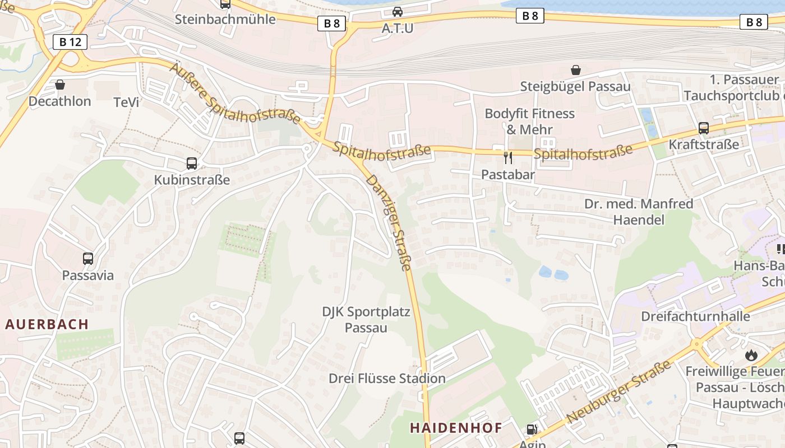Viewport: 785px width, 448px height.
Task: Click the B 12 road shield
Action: (70, 41)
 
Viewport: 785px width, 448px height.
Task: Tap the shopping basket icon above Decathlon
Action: (60, 85)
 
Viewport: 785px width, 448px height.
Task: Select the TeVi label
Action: (126, 102)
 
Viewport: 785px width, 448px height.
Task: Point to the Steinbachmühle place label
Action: (225, 19)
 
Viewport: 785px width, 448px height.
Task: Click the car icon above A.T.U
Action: (397, 11)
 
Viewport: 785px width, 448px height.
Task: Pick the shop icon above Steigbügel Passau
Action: (575, 70)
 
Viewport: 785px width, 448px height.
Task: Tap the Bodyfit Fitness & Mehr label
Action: (529, 122)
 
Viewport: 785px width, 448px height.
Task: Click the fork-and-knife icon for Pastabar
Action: (508, 157)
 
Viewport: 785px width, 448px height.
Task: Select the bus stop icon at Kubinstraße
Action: (192, 164)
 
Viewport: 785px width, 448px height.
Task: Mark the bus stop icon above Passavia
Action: (88, 259)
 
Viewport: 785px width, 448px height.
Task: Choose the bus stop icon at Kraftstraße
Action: (703, 128)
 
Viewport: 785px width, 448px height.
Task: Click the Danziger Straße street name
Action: (389, 222)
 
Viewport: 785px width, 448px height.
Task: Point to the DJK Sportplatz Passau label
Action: (366, 320)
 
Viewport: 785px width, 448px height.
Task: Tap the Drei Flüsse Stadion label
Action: (387, 379)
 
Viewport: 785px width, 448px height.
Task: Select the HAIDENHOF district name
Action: (456, 428)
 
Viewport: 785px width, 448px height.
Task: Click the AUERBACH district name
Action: (48, 324)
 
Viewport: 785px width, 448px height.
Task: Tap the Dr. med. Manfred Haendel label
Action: (639, 212)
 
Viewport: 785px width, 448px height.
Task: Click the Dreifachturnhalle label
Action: (695, 316)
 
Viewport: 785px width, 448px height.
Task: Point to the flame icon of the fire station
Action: (751, 355)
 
